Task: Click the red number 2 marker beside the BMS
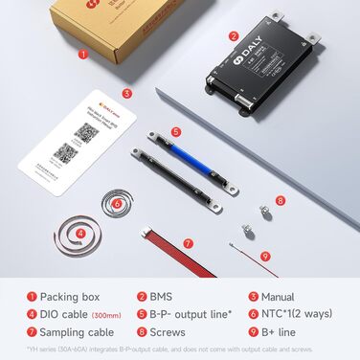coord(233,36)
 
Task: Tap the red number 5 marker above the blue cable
coord(176,130)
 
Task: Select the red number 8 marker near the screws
coord(280,201)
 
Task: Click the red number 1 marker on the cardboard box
coord(83,55)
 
